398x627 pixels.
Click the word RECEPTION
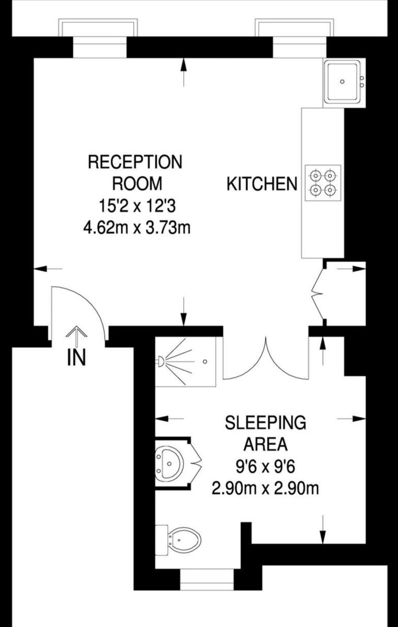135,162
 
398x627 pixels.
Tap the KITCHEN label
262,184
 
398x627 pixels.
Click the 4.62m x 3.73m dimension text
137,228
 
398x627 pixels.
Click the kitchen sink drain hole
342,82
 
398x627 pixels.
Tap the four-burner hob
323,183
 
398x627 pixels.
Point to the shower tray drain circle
205,362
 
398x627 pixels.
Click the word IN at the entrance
76,358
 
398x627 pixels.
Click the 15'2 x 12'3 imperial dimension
137,206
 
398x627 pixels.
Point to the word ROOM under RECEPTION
137,183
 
